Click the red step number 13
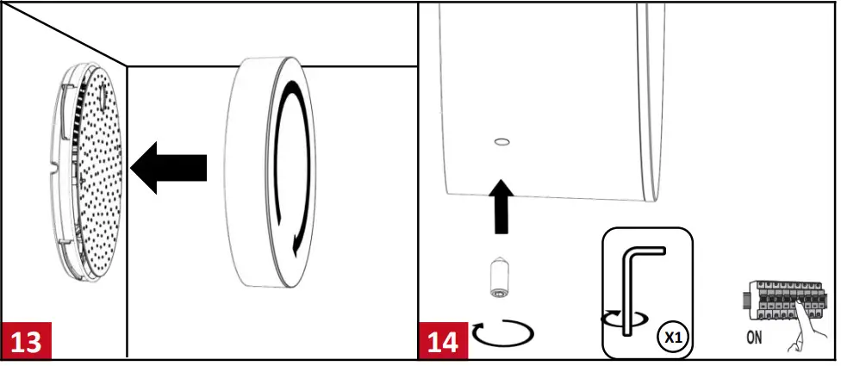(x=26, y=340)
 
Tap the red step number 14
(x=444, y=340)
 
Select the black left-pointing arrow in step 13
(x=172, y=167)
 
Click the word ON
(x=754, y=338)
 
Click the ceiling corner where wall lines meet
(x=128, y=65)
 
